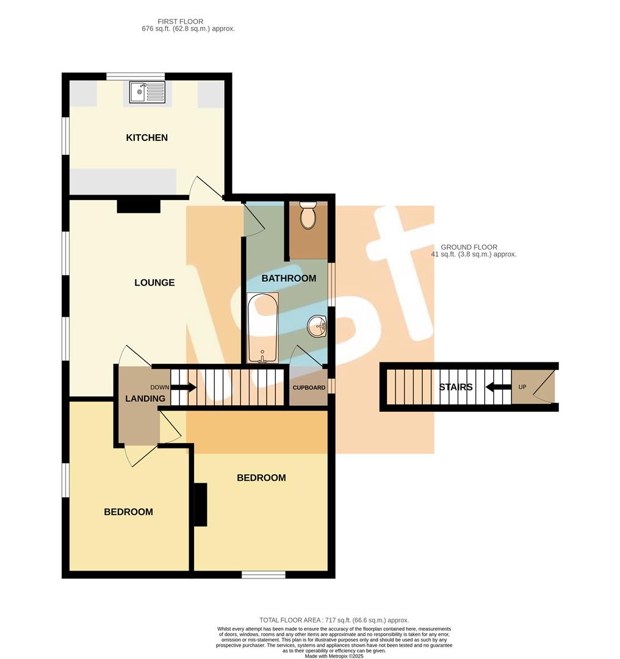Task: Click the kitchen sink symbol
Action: pos(147,93)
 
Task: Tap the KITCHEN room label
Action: pos(146,138)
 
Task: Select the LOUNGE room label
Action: pos(154,283)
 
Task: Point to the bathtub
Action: pos(262,328)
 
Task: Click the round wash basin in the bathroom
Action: pos(318,327)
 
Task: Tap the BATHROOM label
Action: pos(289,278)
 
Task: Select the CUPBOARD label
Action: pos(309,387)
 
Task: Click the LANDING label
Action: pos(145,398)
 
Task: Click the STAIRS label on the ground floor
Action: pos(456,387)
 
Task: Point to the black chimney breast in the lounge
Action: pos(139,207)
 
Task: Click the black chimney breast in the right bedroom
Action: pos(200,504)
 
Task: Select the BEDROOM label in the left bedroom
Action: pos(128,512)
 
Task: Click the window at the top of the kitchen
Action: pos(135,76)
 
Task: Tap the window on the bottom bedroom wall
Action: pos(263,574)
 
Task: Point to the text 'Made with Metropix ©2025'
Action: pos(334,655)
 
